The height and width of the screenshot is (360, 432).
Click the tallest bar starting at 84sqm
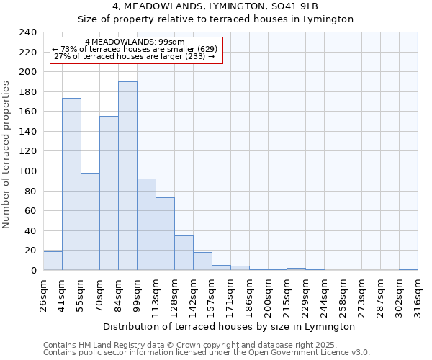pyautogui.click(x=127, y=176)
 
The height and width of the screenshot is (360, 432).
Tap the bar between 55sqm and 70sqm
pyautogui.click(x=90, y=222)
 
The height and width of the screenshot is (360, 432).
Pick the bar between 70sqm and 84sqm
pyautogui.click(x=109, y=193)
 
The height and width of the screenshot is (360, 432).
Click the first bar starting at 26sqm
pyautogui.click(x=53, y=261)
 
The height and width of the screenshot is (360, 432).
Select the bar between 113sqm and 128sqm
pyautogui.click(x=165, y=234)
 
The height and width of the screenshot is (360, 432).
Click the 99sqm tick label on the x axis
pyautogui.click(x=137, y=294)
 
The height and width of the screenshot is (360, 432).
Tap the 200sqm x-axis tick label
pyautogui.click(x=268, y=294)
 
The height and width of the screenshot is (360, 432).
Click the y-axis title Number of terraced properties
pyautogui.click(x=6, y=155)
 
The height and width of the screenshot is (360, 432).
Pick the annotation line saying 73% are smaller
pyautogui.click(x=135, y=49)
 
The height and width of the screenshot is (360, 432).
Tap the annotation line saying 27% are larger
pyautogui.click(x=135, y=56)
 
